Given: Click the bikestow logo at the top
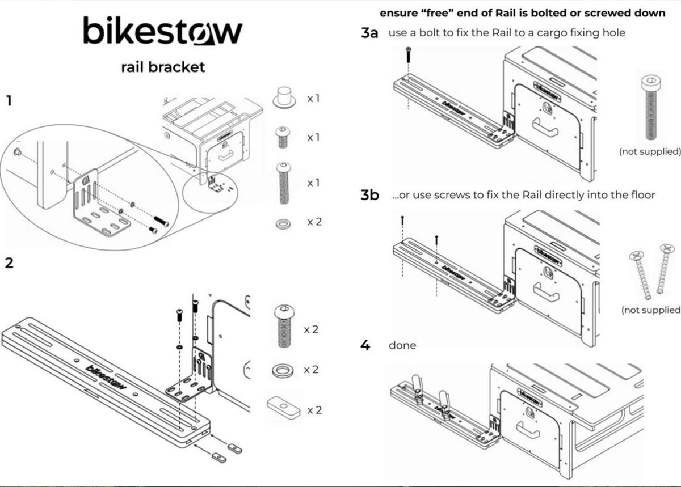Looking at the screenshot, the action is point(163,31).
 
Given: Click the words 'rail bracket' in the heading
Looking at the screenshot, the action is point(163,67).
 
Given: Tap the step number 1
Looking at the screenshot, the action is point(9,100).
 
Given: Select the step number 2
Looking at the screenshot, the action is point(9,263).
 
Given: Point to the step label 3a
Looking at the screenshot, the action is point(369,33).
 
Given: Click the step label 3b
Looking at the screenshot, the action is point(369,194).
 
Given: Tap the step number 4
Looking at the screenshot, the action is point(365,345).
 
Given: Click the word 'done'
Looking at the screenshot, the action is point(402,345).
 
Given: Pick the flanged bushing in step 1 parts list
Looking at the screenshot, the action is point(284,98).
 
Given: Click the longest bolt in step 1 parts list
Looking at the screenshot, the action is point(284,184).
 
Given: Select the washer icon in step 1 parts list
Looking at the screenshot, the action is point(283,225).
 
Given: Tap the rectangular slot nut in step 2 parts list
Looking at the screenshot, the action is point(284,408).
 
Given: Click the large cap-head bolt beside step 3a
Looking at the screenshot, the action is point(651,108).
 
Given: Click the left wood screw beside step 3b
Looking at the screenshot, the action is point(640,275).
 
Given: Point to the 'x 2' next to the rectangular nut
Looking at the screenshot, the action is point(314,410).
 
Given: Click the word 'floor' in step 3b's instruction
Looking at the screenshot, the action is point(643,194).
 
